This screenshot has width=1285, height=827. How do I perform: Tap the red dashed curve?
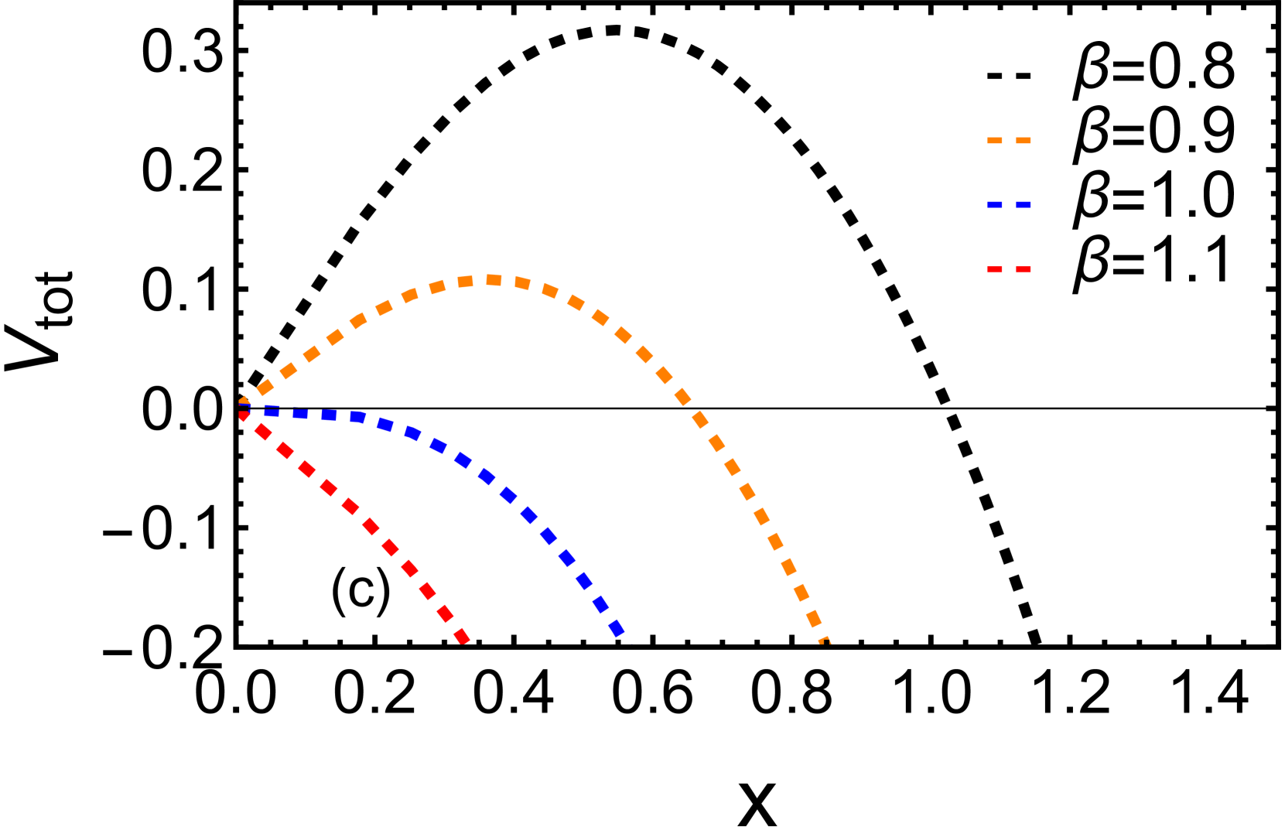[350, 507]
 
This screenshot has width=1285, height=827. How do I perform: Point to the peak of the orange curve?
[492, 280]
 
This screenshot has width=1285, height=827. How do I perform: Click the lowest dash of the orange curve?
[824, 641]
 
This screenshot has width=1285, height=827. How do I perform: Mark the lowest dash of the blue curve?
[617, 628]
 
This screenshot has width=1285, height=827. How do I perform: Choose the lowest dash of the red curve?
[463, 637]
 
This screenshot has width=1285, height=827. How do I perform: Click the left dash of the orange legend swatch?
[995, 141]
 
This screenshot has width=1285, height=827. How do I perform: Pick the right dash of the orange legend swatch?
[1024, 141]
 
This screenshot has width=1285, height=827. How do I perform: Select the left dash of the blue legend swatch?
[995, 205]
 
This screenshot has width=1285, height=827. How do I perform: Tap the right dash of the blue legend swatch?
[1024, 205]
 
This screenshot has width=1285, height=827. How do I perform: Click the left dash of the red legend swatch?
[995, 270]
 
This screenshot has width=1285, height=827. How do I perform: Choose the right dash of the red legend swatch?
[1024, 270]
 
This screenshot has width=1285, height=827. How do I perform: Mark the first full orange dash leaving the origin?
[265, 388]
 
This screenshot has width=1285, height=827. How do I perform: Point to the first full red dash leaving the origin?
[264, 432]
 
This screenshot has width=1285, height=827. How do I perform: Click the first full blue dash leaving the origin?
[272, 412]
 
